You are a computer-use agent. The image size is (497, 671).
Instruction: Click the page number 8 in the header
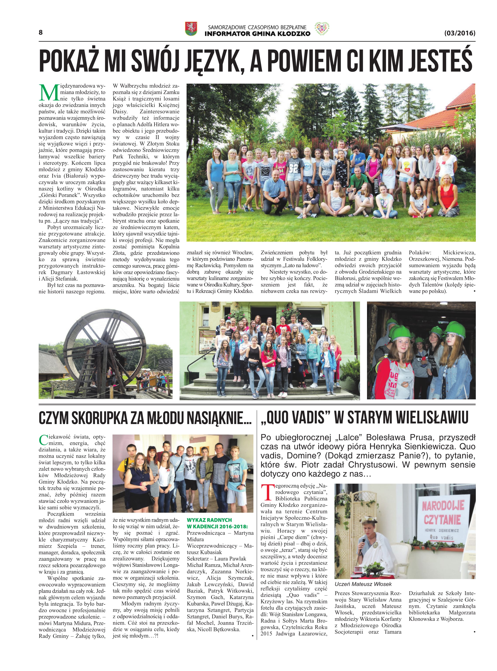click(41, 33)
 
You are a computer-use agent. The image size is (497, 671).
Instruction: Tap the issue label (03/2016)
click(459, 33)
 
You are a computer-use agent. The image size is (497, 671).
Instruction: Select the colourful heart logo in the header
click(322, 29)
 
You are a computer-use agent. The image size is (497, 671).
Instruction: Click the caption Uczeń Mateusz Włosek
click(363, 584)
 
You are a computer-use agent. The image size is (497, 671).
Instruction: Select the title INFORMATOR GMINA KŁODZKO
click(257, 33)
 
